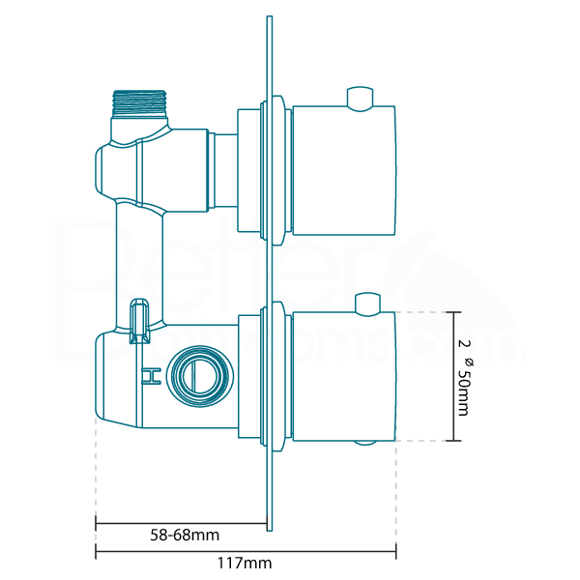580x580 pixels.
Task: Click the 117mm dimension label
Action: (x=245, y=563)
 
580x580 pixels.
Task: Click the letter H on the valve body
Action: (x=150, y=376)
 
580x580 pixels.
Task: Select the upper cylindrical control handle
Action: (x=343, y=172)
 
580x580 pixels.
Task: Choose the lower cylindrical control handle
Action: (x=343, y=377)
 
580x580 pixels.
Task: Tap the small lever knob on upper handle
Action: (x=360, y=97)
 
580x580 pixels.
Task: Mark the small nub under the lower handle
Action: (x=365, y=445)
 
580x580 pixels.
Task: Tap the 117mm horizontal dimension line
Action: (x=245, y=553)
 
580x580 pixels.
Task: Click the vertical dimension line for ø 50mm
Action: (x=454, y=377)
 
